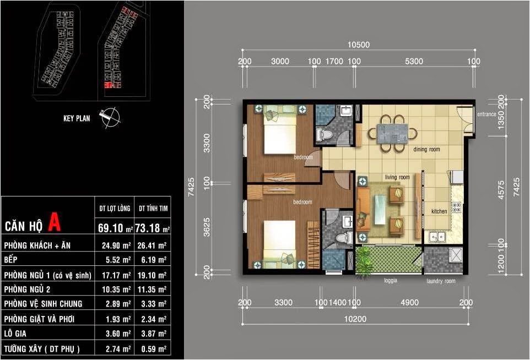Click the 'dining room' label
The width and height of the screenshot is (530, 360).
(x=426, y=149)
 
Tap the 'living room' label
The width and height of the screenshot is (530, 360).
(x=397, y=177)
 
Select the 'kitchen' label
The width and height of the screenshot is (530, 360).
(x=439, y=211)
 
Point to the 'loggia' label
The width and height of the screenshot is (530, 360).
(x=391, y=281)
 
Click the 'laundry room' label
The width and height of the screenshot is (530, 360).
(x=441, y=281)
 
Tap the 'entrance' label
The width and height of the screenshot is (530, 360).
(x=486, y=114)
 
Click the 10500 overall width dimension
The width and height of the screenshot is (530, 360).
(x=359, y=45)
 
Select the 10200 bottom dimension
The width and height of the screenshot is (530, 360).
(x=355, y=319)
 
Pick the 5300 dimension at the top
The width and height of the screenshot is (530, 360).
(x=414, y=61)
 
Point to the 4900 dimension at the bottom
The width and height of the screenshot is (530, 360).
(x=410, y=302)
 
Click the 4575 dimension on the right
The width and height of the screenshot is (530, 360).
(x=501, y=190)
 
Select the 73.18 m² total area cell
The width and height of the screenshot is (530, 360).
(x=153, y=228)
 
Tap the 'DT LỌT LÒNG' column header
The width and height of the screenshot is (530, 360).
(x=115, y=209)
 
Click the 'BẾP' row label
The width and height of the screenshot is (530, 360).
(x=11, y=259)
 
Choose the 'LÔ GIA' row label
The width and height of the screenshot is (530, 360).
(x=15, y=334)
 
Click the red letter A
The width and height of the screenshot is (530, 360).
(x=54, y=222)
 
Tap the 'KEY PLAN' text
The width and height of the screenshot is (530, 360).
(x=77, y=118)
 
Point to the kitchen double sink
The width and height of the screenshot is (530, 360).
(x=437, y=237)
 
